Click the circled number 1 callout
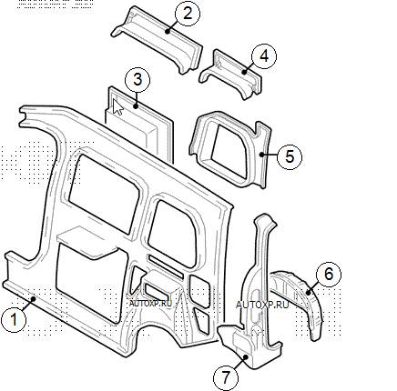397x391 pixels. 14,319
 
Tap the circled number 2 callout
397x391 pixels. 188,14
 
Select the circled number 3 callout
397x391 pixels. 137,80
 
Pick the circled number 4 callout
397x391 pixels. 264,56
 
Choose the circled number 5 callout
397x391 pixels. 290,156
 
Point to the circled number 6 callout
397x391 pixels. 329,274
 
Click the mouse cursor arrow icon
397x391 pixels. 117,107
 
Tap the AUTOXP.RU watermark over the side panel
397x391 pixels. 150,303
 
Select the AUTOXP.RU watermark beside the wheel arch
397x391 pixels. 262,305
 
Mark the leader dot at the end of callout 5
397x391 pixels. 261,155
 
